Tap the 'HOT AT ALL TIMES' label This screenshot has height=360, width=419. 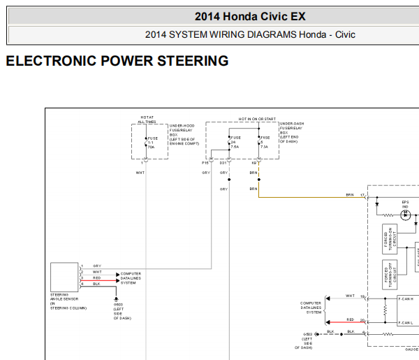[147, 119]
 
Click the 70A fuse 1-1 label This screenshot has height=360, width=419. [150, 143]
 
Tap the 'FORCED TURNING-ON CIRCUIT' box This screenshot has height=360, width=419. [388, 238]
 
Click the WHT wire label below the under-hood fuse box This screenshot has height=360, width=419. [140, 172]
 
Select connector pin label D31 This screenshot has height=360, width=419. [223, 163]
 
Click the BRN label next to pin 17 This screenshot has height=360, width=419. [350, 195]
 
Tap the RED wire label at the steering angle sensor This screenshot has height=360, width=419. [96, 278]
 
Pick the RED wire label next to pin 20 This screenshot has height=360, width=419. [350, 319]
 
